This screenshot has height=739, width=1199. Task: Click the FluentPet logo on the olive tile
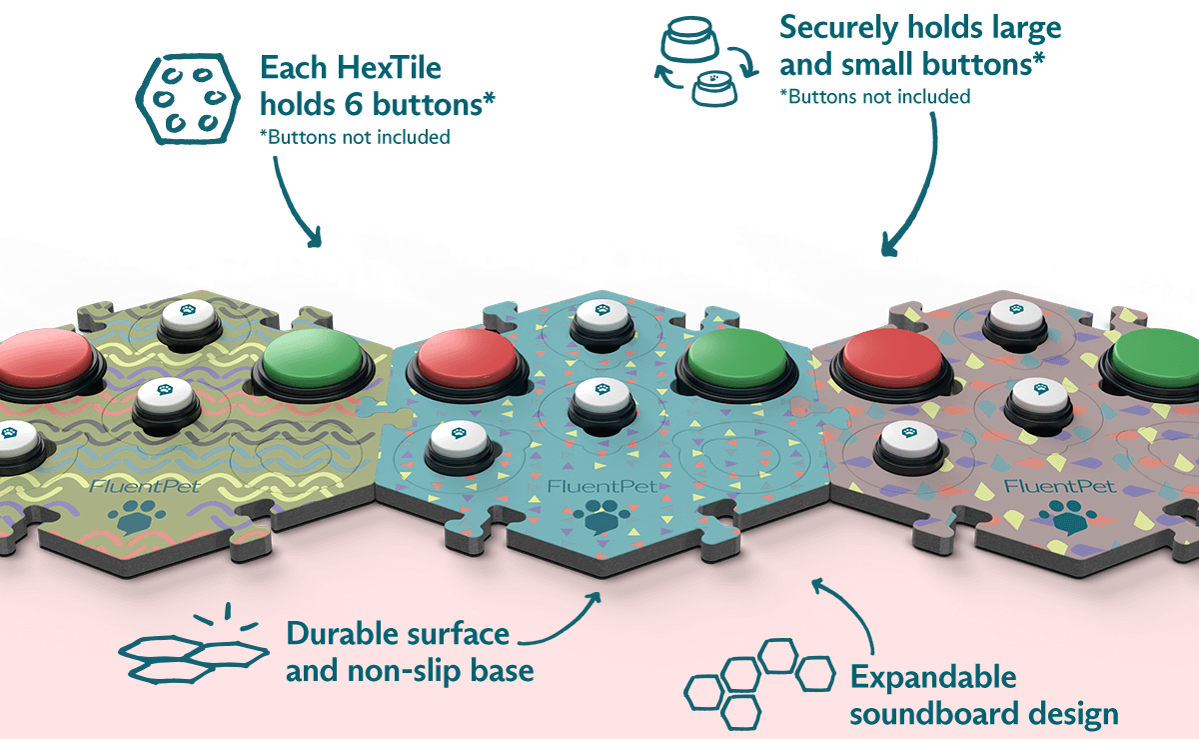[x=140, y=489]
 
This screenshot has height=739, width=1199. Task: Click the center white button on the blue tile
[x=600, y=399]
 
